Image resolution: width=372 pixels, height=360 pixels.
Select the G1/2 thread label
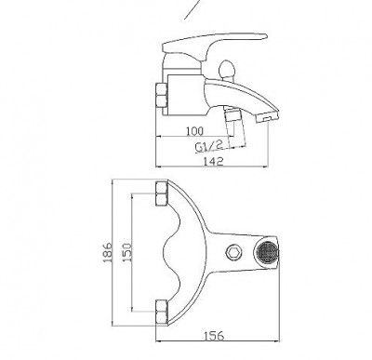coord(209,146)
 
